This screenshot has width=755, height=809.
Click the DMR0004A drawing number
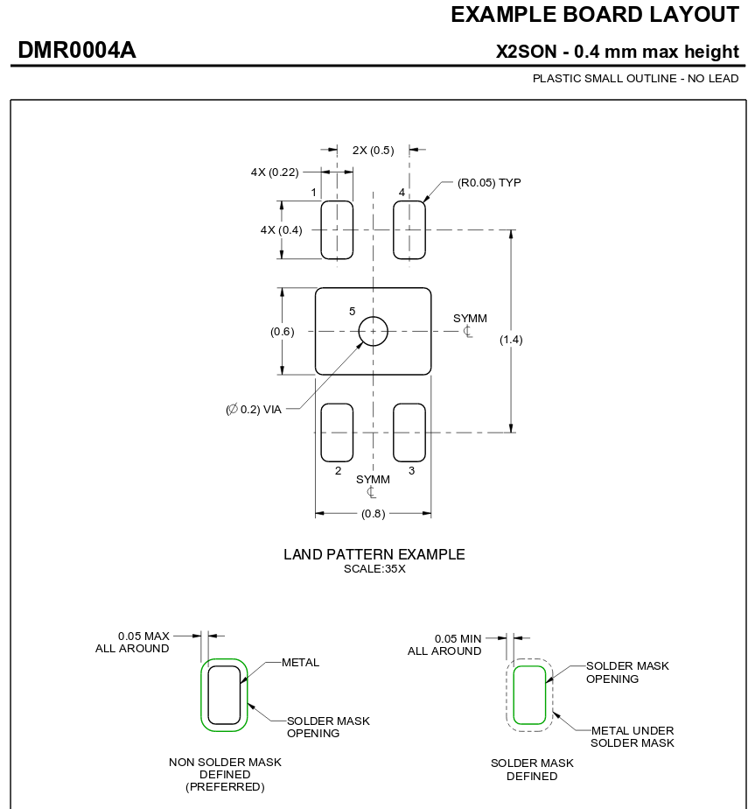click(77, 51)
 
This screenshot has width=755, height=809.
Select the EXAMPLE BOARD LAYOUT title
click(594, 14)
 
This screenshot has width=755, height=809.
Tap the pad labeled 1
click(337, 229)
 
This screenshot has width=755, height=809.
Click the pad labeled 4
click(409, 229)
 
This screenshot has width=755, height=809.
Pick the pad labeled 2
click(337, 432)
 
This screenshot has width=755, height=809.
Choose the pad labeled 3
click(409, 432)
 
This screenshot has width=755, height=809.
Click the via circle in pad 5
click(373, 331)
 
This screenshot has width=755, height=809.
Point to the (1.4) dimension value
click(511, 339)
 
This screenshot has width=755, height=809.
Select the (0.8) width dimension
click(373, 514)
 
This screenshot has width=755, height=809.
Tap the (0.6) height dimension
click(283, 331)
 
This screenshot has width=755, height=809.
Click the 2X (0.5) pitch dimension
click(373, 150)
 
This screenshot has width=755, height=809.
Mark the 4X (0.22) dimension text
click(275, 172)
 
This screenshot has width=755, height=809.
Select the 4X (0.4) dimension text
click(281, 229)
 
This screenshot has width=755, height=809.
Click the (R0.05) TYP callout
click(489, 182)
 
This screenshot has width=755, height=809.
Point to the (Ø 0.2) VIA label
click(254, 409)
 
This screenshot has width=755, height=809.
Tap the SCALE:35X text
click(374, 568)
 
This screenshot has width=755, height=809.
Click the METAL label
click(300, 662)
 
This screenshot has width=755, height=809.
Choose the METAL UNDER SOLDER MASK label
click(632, 736)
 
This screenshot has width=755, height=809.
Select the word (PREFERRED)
click(225, 786)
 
